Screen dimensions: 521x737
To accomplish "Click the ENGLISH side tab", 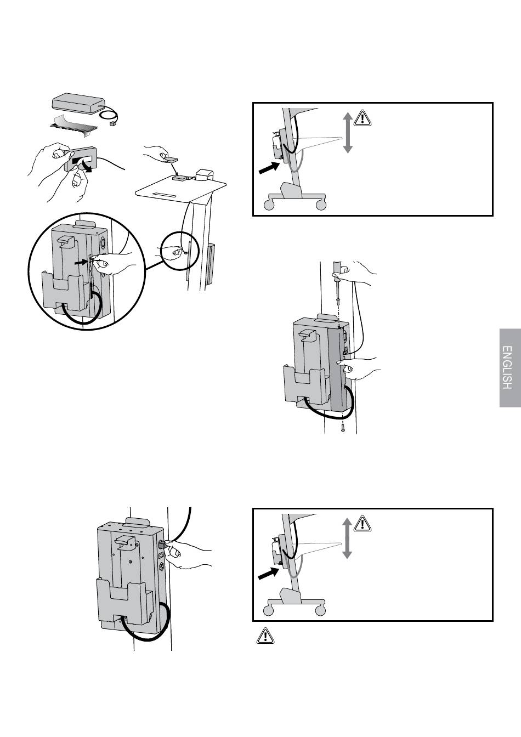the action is click(x=510, y=368).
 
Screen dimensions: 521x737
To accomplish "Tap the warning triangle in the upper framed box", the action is click(x=363, y=118).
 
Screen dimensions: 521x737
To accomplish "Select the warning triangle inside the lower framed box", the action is click(x=363, y=524).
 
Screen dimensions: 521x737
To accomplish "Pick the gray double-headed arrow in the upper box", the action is click(x=348, y=133).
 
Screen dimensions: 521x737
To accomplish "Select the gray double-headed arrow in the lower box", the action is click(x=348, y=538).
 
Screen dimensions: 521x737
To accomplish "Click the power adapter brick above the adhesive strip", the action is click(x=78, y=103).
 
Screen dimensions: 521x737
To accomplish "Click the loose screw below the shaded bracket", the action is click(x=343, y=428).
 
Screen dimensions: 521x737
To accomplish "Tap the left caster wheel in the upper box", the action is click(x=269, y=205).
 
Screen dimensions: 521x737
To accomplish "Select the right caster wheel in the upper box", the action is click(x=321, y=205).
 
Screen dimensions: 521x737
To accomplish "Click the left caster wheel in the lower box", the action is click(x=269, y=611).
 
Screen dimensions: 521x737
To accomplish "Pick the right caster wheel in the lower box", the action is click(x=321, y=611).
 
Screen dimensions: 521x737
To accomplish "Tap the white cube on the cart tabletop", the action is click(x=205, y=174).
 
